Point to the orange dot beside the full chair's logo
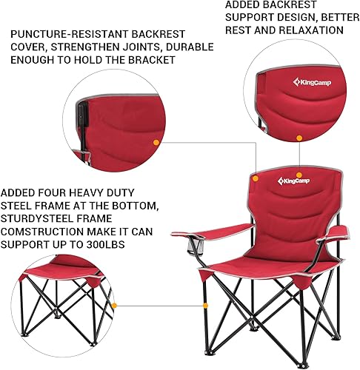pyautogui.click(x=256, y=178)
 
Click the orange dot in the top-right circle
pyautogui.click(x=299, y=138)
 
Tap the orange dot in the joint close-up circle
pyautogui.click(x=156, y=141)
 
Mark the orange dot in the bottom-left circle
pyautogui.click(x=115, y=303)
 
